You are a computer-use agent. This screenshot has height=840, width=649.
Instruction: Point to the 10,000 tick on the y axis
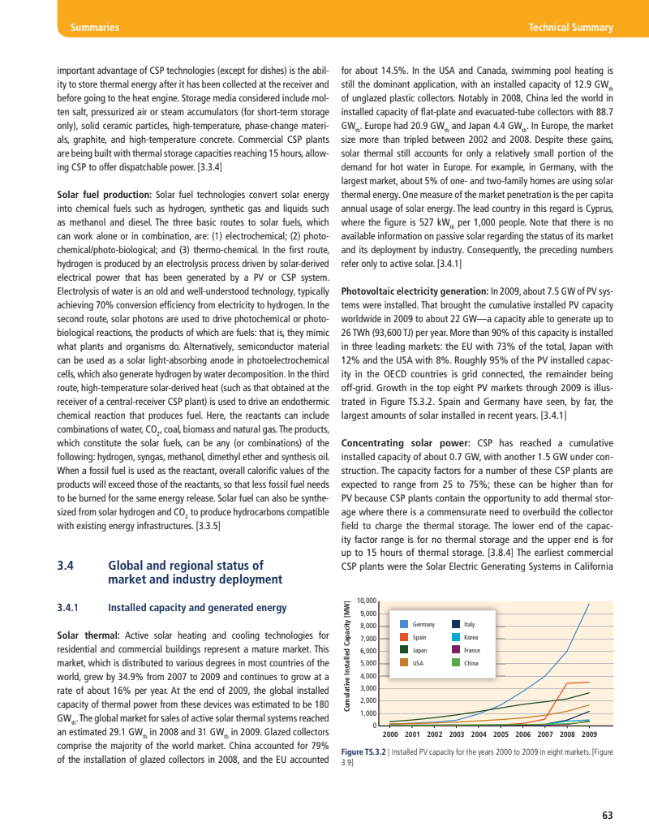[x=367, y=601]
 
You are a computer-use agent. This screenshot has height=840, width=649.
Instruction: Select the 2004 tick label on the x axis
[x=479, y=734]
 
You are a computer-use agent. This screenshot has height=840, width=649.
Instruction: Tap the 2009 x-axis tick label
[x=589, y=734]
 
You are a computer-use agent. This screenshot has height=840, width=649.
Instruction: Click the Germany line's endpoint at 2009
[x=589, y=604]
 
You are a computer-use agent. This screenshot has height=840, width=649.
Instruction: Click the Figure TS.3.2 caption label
[x=365, y=752]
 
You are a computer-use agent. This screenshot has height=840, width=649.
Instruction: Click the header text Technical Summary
[x=570, y=28]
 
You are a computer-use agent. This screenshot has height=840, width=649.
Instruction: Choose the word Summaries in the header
[x=95, y=28]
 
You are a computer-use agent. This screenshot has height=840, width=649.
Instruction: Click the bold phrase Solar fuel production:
[x=105, y=195]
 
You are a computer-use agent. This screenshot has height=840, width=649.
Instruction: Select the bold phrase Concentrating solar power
[x=402, y=443]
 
